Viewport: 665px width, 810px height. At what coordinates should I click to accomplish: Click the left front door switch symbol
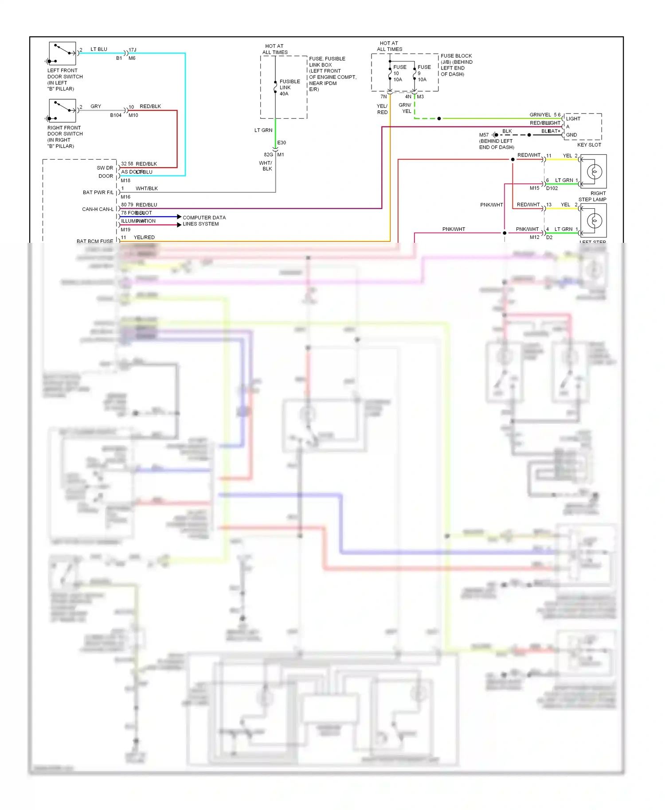(x=62, y=54)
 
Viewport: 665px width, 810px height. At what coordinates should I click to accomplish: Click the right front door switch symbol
(x=62, y=111)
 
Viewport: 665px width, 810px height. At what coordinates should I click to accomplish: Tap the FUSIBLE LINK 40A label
(x=289, y=87)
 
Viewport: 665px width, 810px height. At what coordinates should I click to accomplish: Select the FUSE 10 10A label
(x=399, y=73)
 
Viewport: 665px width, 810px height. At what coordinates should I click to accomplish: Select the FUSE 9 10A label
(x=423, y=73)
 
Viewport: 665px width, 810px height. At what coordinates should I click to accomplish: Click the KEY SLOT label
(x=589, y=145)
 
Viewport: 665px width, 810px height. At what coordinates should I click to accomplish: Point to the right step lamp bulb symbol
(x=594, y=171)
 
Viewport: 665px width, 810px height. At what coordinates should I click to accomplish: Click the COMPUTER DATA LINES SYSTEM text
(x=204, y=221)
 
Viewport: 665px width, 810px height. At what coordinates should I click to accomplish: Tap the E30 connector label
(x=282, y=143)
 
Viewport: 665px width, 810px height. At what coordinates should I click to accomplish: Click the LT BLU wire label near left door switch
(x=99, y=49)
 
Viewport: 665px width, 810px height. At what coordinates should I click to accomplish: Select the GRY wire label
(x=96, y=106)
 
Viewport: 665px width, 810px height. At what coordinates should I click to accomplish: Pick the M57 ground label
(x=484, y=135)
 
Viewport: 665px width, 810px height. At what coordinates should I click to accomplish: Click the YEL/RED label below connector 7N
(x=382, y=109)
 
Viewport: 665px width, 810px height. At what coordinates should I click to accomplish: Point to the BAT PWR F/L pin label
(x=98, y=192)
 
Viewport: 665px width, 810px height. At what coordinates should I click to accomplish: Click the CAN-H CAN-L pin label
(x=98, y=209)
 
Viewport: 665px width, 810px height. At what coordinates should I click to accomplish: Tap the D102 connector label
(x=552, y=188)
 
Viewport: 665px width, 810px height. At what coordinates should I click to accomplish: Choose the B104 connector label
(x=116, y=115)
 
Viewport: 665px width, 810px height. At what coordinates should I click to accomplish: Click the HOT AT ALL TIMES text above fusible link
(x=275, y=49)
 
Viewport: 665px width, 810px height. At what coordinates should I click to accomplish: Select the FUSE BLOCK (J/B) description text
(x=456, y=65)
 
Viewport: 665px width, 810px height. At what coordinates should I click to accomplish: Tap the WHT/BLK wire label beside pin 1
(x=147, y=188)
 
